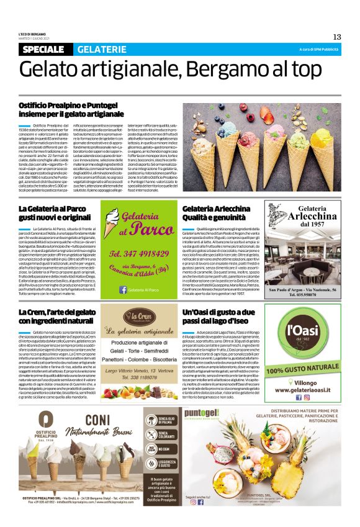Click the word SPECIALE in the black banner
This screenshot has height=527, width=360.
click(45, 50)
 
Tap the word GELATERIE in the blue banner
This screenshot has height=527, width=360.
click(101, 50)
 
